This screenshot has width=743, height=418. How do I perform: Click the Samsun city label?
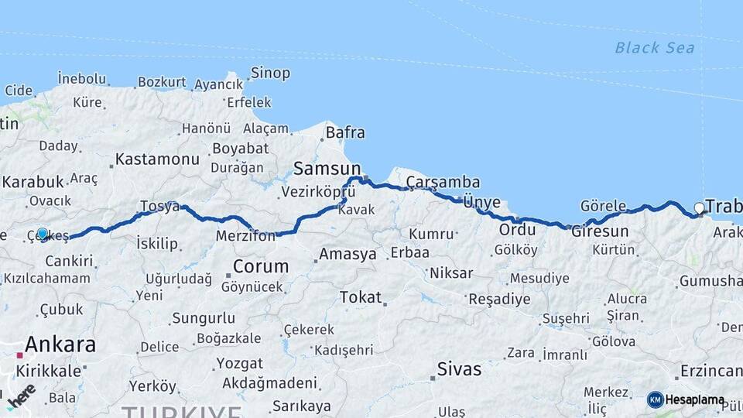[x=327, y=169]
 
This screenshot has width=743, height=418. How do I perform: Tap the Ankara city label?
[x=60, y=344]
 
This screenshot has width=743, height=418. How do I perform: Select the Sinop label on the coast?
[x=270, y=74]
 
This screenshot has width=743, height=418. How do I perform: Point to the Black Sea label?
[x=654, y=48]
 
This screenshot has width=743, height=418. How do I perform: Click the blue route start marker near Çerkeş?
[x=43, y=233]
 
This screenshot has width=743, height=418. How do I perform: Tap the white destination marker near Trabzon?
[x=699, y=207]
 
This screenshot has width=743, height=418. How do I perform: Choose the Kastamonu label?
[x=157, y=159]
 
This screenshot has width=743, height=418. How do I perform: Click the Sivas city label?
[x=459, y=368]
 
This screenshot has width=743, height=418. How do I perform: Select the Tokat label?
[x=361, y=297]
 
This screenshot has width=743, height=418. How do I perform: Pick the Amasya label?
[x=348, y=254]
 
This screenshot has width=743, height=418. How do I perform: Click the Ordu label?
[x=518, y=230]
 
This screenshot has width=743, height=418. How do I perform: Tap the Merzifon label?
[x=245, y=236]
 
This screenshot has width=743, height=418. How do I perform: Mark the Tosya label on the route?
[x=159, y=207]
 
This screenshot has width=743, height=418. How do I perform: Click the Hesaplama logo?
[x=686, y=400]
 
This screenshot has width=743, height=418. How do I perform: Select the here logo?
[x=21, y=396]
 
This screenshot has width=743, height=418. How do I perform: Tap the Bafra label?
[x=344, y=132]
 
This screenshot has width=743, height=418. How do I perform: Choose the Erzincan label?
[x=711, y=371]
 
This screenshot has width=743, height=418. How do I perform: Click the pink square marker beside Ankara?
[x=19, y=355]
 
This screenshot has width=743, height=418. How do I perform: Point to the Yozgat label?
[x=239, y=362]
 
